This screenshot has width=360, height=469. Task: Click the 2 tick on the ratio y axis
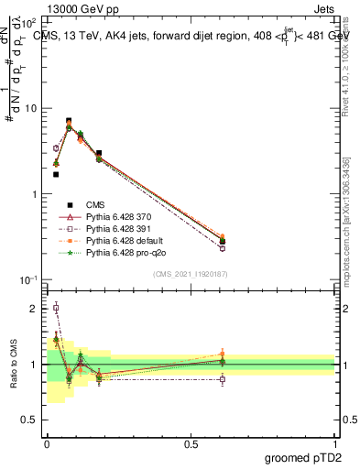[34, 309]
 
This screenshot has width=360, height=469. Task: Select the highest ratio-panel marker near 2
[56, 309]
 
